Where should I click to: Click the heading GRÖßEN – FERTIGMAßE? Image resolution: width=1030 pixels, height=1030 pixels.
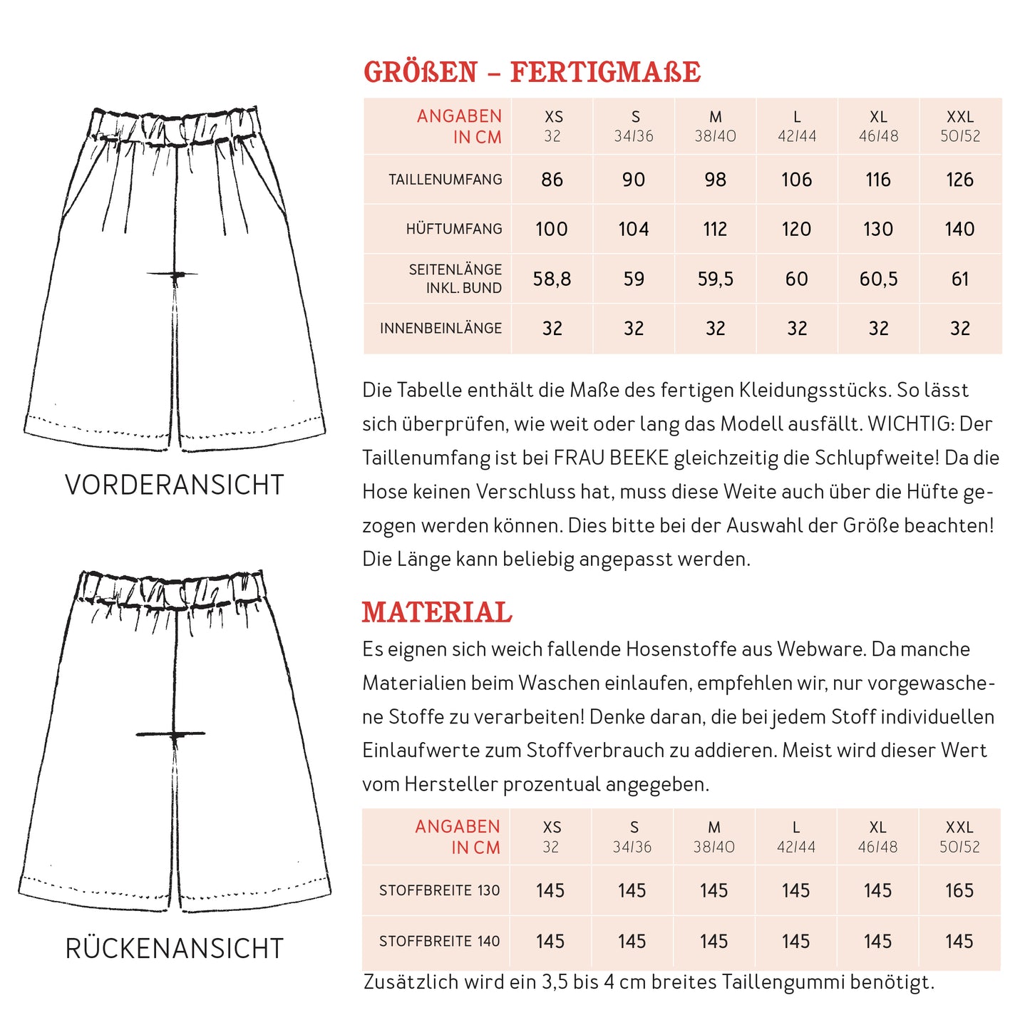[x=532, y=73]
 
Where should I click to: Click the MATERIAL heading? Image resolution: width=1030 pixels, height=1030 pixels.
[x=437, y=613]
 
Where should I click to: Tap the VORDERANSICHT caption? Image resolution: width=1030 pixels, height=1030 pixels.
[x=175, y=485]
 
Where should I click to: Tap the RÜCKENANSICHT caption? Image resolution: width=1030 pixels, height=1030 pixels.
[x=175, y=949]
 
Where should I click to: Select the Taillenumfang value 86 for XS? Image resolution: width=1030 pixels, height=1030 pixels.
[x=552, y=180]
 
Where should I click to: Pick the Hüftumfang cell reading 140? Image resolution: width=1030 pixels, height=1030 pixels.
[x=959, y=229]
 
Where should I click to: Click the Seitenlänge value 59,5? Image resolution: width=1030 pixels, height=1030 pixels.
[x=715, y=279]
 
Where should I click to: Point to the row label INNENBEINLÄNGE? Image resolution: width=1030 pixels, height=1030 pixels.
[x=441, y=329]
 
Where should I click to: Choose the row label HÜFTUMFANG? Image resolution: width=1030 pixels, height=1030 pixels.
[x=454, y=229]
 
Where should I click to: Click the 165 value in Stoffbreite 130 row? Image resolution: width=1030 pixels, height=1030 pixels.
[x=959, y=890]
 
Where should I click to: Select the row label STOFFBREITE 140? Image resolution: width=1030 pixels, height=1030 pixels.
[x=439, y=942]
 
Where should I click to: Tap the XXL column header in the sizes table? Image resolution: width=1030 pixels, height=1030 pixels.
[x=959, y=125]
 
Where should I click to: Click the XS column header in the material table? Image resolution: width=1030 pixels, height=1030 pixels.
[x=552, y=836]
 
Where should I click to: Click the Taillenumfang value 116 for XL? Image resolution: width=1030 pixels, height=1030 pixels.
[x=878, y=180]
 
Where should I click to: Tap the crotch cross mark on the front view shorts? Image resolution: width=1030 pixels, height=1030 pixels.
[x=174, y=274]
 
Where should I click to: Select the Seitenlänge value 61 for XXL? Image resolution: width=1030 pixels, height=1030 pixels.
[x=960, y=279]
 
